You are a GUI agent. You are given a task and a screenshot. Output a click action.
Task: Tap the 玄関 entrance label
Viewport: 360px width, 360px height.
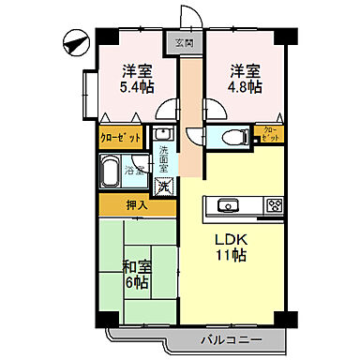point(183,43)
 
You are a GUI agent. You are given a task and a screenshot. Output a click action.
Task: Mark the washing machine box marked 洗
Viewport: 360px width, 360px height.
point(163,185)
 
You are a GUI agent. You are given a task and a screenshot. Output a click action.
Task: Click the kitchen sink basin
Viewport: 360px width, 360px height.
point(227,205)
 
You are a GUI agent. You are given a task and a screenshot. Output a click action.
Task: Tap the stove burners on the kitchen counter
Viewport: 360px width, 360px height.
point(274,205)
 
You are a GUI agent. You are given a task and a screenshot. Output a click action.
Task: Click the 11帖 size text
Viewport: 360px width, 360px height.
point(234,256)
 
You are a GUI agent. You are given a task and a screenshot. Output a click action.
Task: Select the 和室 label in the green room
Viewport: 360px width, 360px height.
point(136,265)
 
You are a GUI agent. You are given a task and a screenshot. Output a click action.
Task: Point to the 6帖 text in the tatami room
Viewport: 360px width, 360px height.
point(137,282)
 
